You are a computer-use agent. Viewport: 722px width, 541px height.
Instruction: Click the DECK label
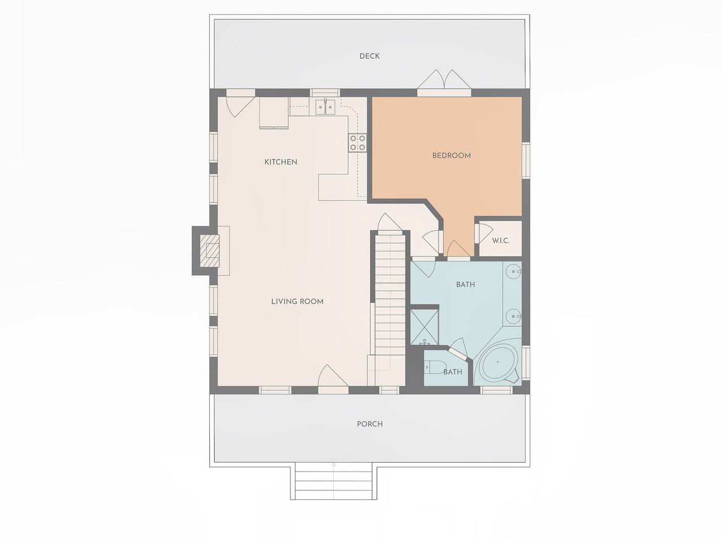click(x=369, y=56)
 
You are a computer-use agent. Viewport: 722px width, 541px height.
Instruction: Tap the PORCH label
click(x=369, y=424)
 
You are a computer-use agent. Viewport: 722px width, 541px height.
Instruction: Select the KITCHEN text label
click(x=280, y=162)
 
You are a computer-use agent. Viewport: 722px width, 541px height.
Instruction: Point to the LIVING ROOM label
click(x=297, y=301)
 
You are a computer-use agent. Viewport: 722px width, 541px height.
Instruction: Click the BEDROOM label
click(x=452, y=156)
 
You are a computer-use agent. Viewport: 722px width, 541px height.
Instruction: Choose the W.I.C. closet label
click(x=501, y=241)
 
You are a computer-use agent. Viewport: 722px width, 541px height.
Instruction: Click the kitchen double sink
click(x=325, y=107)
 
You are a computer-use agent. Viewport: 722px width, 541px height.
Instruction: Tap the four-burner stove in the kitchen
click(x=358, y=143)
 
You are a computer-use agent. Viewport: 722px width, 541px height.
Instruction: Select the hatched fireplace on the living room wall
click(x=209, y=251)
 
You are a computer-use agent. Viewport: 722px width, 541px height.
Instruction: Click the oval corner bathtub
click(x=498, y=362)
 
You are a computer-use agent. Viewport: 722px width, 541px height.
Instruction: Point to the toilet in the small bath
click(x=435, y=367)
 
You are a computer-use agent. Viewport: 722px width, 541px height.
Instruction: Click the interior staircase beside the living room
click(x=390, y=309)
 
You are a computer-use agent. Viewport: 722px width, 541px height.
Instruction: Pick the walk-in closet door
click(x=482, y=233)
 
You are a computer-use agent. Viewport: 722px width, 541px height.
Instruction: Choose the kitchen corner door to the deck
click(x=240, y=104)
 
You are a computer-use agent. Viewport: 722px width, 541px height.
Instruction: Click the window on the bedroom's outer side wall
click(x=526, y=161)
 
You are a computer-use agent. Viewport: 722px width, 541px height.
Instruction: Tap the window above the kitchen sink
click(x=325, y=92)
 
